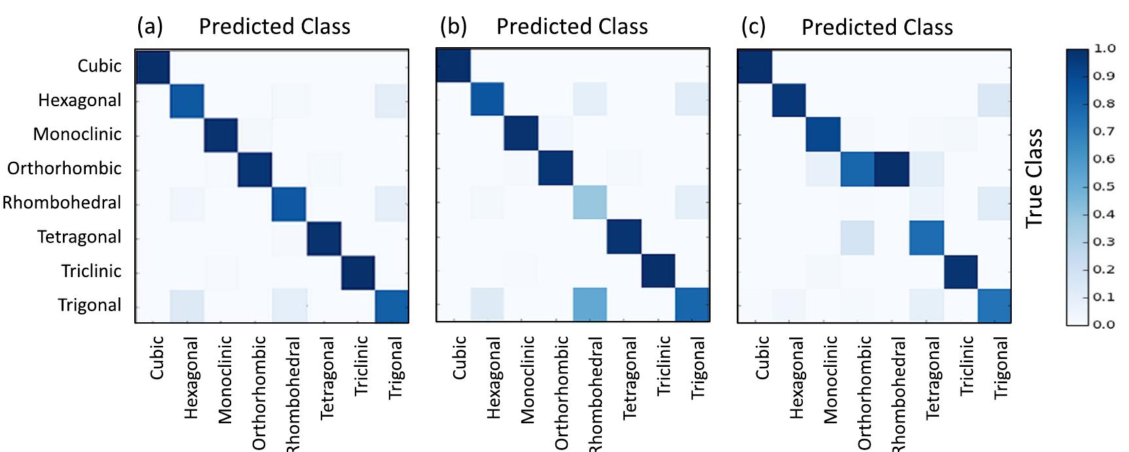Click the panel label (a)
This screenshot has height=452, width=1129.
coord(149,27)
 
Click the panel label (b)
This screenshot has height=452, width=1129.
coord(453,27)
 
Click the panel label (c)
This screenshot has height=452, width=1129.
coord(753,27)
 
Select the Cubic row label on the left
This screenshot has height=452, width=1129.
coord(99,66)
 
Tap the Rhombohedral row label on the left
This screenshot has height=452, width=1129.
coord(62,202)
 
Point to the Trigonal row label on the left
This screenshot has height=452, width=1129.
coord(89,305)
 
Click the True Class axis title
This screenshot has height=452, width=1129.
coord(1034,178)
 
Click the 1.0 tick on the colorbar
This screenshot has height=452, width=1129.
coord(1104,48)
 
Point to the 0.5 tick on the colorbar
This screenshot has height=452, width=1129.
coord(1104,186)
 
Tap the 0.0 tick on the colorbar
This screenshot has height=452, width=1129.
coord(1104,324)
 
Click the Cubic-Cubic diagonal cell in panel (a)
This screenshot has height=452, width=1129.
coord(153,67)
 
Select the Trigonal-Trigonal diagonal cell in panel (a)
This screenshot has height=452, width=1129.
coord(392,306)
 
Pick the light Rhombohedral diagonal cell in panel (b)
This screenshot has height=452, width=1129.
coord(589,202)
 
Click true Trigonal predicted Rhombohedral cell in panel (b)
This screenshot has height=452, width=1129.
coord(589,305)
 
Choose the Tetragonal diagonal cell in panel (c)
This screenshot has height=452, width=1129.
coord(926,237)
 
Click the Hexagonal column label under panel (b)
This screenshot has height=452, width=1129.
coord(493,378)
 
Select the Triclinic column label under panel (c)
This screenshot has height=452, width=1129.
coord(967,366)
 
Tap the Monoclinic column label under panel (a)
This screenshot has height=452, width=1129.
coord(225,380)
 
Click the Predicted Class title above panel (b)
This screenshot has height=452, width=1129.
coord(572,27)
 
